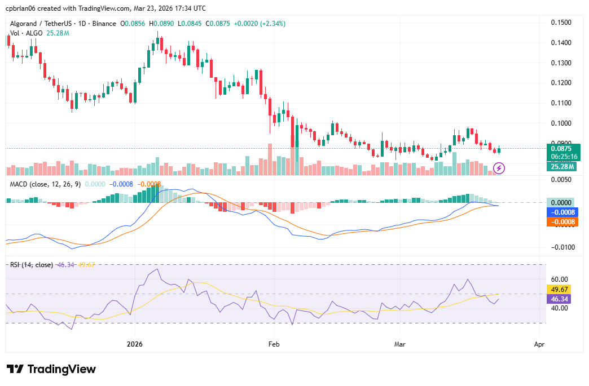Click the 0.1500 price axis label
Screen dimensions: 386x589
pos(561,23)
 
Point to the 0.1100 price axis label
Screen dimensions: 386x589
pos(561,103)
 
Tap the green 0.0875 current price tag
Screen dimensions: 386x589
pos(561,148)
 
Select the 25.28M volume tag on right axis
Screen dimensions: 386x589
pos(561,166)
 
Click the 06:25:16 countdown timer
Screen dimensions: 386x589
pos(561,156)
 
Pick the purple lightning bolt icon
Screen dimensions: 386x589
pos(499,168)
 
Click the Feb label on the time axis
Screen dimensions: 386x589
pos(274,343)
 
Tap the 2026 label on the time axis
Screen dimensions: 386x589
pos(135,343)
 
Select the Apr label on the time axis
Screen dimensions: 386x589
pos(539,343)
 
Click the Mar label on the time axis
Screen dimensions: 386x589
pos(399,343)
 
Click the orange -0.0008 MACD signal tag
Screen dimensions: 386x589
pos(562,222)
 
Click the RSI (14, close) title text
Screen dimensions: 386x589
pos(32,264)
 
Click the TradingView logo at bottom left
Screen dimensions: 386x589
pos(51,369)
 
